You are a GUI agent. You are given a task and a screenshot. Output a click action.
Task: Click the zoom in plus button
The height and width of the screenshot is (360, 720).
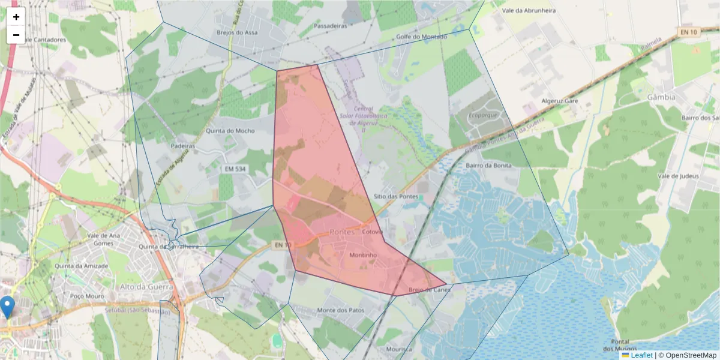[16, 17]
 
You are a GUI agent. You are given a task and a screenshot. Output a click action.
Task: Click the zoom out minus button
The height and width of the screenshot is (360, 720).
[16, 35]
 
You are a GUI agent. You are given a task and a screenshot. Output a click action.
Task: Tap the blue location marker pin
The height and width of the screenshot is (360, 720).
[8, 307]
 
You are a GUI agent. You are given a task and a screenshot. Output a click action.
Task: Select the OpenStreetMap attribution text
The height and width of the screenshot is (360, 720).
[691, 355]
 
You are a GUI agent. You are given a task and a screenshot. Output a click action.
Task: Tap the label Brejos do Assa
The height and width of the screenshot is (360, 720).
[238, 32]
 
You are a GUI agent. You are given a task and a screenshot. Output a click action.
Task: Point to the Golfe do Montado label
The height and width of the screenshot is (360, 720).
[422, 37]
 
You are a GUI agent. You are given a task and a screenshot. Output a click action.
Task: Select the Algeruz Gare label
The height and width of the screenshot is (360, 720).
[560, 101]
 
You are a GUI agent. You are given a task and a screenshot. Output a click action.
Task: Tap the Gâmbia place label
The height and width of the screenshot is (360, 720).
[661, 97]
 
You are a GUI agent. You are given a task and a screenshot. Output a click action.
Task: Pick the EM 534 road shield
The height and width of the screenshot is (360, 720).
[235, 169]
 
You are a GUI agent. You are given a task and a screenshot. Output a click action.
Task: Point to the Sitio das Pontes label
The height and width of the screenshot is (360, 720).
[395, 196]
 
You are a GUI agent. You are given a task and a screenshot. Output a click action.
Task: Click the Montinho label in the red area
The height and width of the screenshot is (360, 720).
[362, 255]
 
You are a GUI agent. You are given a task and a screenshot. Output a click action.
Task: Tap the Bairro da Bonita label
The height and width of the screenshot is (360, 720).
[488, 165]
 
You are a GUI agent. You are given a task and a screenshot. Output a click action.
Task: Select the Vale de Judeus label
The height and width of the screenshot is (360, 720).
[678, 176]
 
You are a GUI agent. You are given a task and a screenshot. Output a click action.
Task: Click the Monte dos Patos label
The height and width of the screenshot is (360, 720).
[340, 310]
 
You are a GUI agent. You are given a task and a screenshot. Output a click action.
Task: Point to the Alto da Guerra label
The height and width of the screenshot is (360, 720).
[146, 287]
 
